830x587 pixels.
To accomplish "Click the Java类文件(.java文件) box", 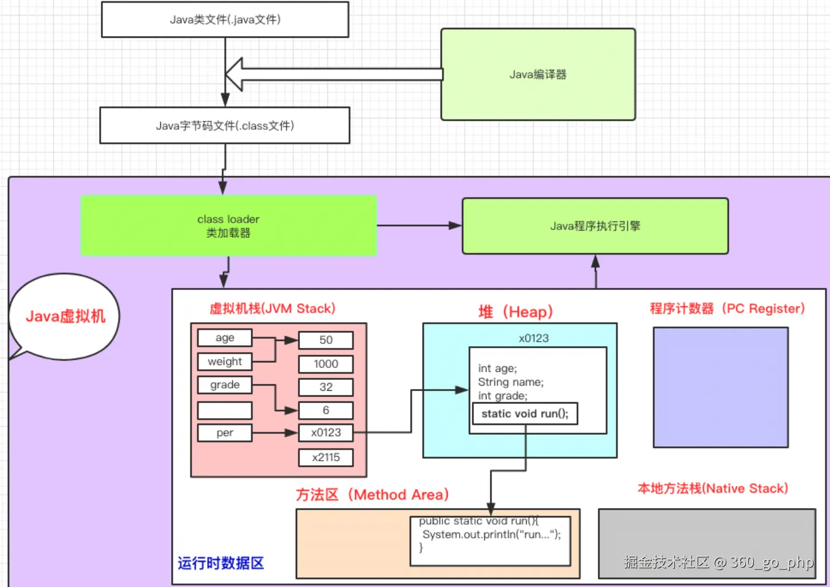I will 225,19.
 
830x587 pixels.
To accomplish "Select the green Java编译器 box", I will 538,74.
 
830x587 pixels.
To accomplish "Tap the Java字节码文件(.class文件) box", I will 225,125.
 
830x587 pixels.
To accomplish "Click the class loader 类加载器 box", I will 228,226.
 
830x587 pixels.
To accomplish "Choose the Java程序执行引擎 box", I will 595,226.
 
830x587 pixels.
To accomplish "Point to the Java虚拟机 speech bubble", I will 65,316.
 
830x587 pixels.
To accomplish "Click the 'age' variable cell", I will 225,338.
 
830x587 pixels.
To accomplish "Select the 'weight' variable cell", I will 225,362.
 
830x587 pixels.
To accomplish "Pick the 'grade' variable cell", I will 225,385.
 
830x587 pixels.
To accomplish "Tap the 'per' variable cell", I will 225,433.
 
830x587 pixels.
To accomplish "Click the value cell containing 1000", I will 326,364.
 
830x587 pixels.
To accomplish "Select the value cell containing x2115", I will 326,458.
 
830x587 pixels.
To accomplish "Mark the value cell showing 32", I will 326,387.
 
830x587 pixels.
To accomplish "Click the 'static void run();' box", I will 525,414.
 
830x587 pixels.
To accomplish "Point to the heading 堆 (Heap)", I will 516,312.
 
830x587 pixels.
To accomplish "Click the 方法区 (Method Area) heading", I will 373,495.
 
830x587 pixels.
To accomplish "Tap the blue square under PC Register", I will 721,387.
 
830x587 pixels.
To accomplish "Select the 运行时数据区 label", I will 221,564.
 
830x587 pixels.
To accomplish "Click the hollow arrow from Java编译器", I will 335,74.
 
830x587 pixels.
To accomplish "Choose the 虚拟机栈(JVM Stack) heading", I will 272,309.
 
